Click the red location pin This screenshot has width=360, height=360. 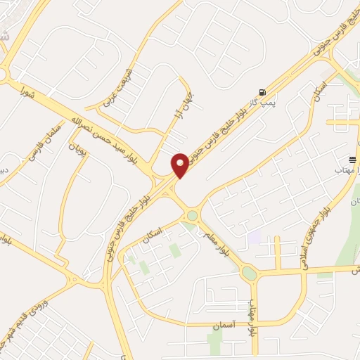(180, 165)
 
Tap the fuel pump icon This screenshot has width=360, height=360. (263, 92)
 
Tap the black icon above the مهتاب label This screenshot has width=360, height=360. (353, 159)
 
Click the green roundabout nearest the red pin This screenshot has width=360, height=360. (192, 216)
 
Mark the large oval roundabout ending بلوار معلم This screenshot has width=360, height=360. (249, 273)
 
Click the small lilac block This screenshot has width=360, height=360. (254, 238)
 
